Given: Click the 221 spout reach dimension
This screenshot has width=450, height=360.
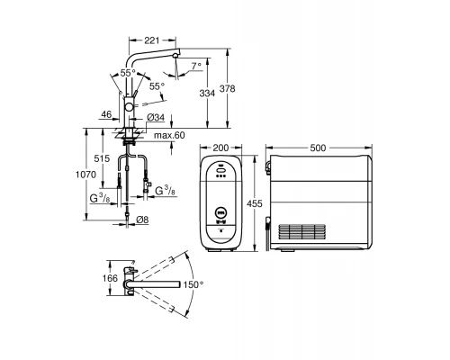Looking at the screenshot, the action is (152, 40).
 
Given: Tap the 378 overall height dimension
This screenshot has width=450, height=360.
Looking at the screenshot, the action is (227, 88).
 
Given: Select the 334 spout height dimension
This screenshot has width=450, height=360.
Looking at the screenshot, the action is (207, 94).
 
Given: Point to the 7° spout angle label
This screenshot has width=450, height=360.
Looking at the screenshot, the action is (196, 66).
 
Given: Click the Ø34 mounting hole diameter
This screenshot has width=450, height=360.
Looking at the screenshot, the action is (156, 117).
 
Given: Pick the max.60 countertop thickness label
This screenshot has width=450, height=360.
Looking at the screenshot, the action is (169, 135).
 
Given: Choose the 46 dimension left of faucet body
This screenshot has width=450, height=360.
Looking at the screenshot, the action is (106, 114).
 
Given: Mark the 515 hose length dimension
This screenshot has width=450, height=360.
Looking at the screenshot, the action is (102, 158).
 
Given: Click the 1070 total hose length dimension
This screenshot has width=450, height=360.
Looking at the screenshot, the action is (85, 175).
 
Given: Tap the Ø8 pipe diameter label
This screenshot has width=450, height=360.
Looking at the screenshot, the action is (142, 220).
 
